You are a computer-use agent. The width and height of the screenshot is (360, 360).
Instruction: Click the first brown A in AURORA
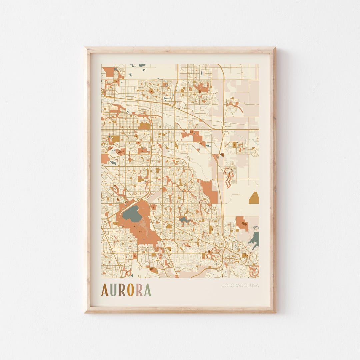pyautogui.click(x=105, y=290)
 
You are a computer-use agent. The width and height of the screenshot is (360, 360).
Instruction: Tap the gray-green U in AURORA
pyautogui.click(x=113, y=290)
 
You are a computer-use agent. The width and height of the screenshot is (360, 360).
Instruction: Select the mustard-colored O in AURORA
pyautogui.click(x=130, y=290)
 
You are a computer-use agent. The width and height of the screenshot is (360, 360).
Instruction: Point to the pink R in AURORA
pyautogui.click(x=139, y=290)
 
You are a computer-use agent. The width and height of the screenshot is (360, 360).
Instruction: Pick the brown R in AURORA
pyautogui.click(x=122, y=290)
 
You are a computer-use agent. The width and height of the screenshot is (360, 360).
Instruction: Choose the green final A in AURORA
pyautogui.click(x=147, y=290)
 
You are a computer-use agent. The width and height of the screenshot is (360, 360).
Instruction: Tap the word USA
pyautogui.click(x=254, y=285)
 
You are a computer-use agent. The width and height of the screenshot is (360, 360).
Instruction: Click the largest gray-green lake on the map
pyautogui.click(x=132, y=214)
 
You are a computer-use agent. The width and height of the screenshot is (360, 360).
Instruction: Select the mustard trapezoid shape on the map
pyautogui.click(x=254, y=198)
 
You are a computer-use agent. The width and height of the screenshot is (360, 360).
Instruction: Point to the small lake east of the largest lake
pyautogui.click(x=184, y=220)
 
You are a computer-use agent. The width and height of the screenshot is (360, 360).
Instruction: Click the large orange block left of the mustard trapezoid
pyautogui.click(x=210, y=192)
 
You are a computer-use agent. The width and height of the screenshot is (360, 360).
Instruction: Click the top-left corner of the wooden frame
pyautogui.click(x=86, y=48)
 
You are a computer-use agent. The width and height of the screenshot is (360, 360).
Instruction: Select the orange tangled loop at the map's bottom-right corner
pyautogui.click(x=254, y=271)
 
